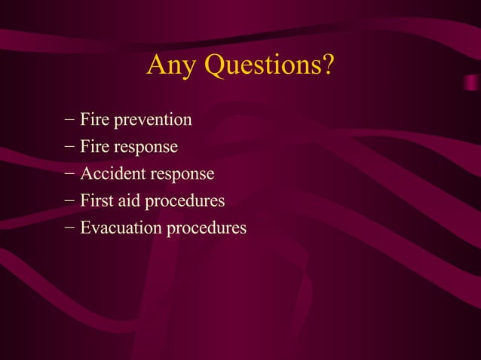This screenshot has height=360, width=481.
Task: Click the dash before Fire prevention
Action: (x=69, y=119)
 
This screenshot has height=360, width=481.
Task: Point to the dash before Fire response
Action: (x=69, y=146)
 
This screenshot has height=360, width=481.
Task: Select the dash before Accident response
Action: (x=69, y=173)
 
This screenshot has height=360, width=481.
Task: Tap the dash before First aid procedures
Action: (x=69, y=200)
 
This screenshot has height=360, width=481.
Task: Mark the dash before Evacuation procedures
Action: (x=69, y=227)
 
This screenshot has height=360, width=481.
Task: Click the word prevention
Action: (x=152, y=120)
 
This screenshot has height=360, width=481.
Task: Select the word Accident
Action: (x=112, y=173)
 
